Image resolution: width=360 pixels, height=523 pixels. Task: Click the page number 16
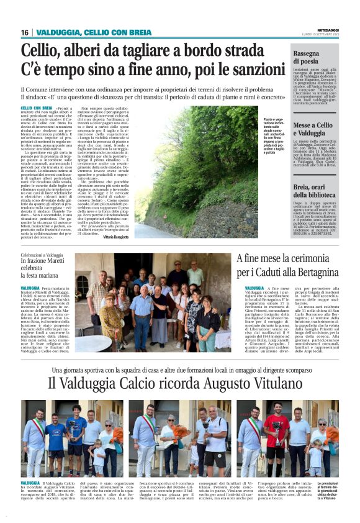click(25, 32)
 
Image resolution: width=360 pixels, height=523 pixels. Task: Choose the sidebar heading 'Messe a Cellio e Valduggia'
click(317, 129)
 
